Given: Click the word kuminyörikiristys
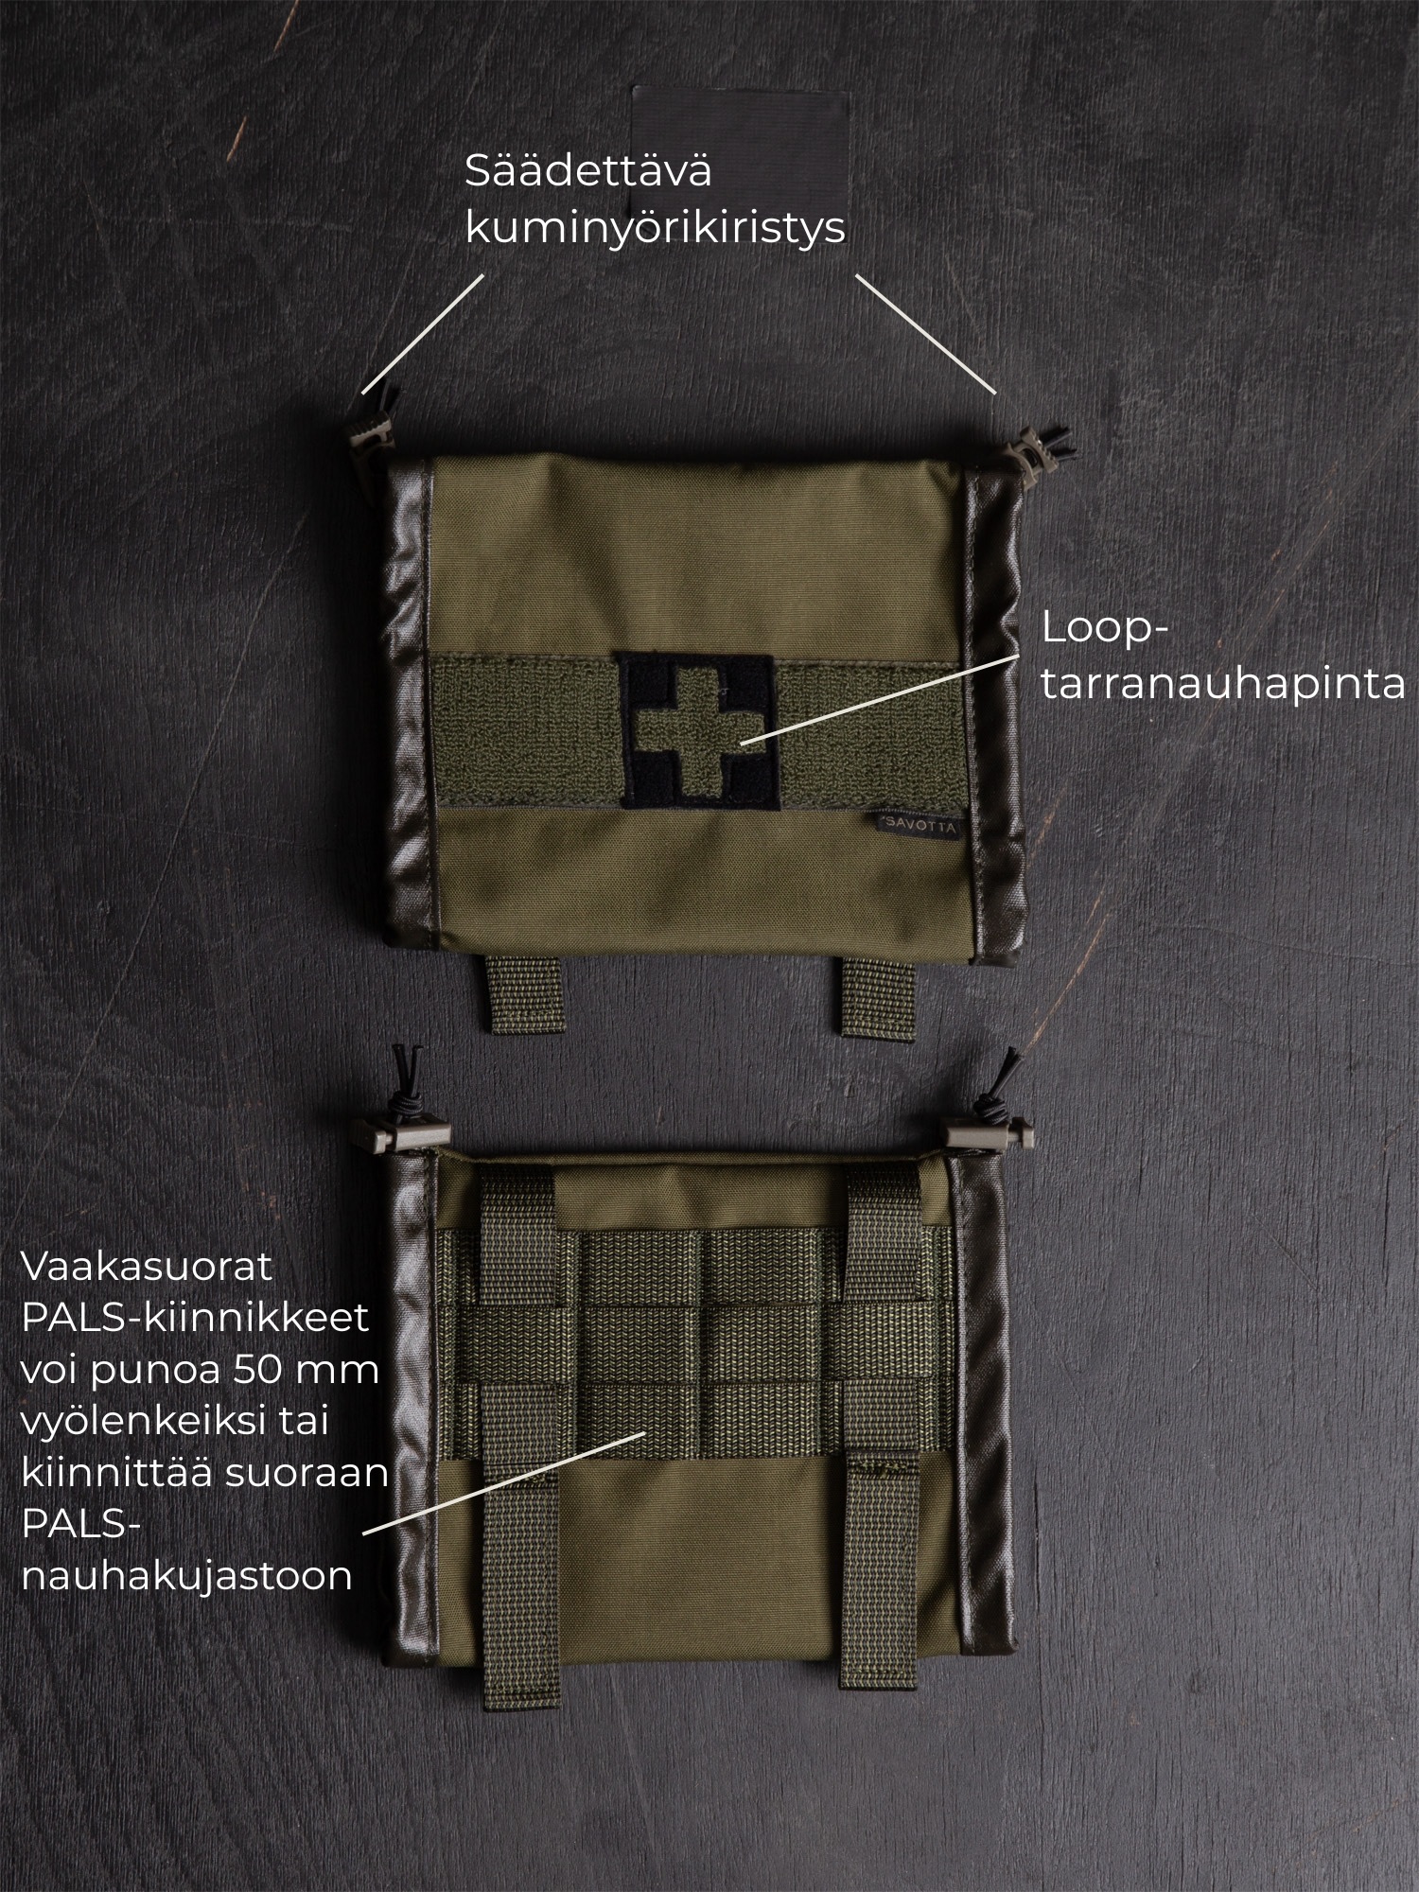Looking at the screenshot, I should [x=655, y=229].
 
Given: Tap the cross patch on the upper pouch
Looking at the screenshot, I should [x=698, y=730].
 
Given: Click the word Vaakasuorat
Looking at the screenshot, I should [x=147, y=1268].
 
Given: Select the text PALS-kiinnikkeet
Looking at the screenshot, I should [x=194, y=1320].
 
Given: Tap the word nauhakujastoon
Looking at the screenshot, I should [x=186, y=1577].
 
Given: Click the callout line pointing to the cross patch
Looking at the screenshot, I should [x=880, y=696].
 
